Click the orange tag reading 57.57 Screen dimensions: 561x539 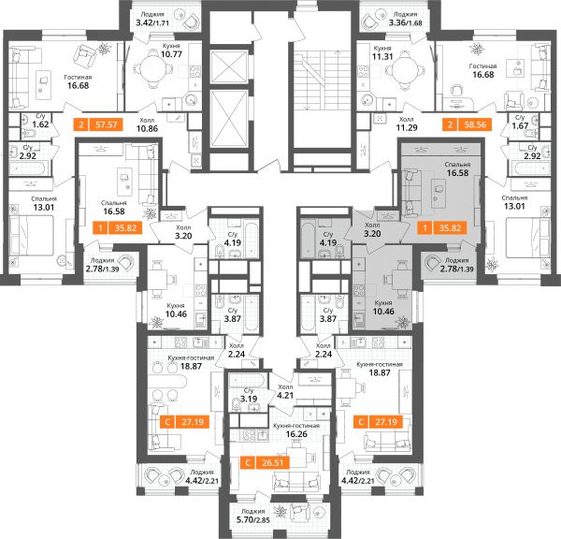[98, 124]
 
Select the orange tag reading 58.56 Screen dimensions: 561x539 [467, 124]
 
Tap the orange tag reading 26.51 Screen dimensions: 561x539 [265, 462]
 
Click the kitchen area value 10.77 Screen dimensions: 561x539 [171, 54]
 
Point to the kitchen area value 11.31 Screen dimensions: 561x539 [382, 56]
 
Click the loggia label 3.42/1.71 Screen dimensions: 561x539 [152, 23]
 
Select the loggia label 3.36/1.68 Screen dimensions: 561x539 [406, 22]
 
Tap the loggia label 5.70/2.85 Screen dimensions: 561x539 [253, 519]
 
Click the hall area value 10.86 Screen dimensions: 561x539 [147, 128]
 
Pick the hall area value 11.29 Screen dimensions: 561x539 [407, 127]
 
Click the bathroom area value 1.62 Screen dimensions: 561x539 [40, 124]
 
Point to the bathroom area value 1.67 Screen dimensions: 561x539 [520, 125]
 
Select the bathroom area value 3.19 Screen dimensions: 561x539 [249, 399]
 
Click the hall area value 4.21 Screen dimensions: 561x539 [285, 396]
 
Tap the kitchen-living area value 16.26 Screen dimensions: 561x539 [296, 434]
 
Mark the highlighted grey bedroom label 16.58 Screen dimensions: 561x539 [457, 172]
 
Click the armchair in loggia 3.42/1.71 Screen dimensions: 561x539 [190, 22]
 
